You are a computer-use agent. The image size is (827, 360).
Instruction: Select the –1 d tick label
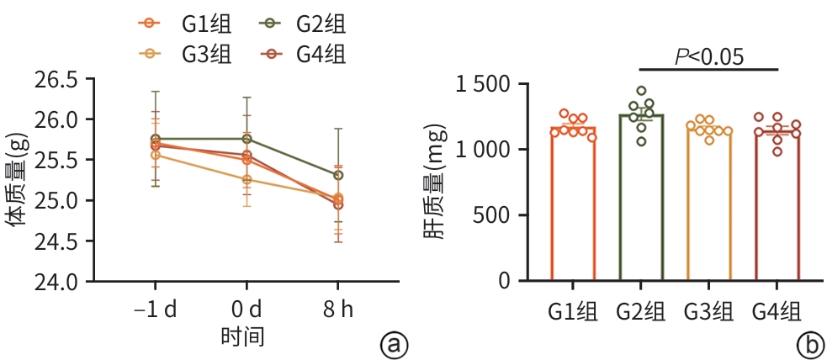156,310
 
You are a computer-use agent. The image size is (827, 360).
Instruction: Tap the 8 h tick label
338,310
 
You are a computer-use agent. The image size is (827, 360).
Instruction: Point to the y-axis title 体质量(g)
17,181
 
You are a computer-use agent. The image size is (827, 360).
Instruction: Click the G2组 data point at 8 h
338,175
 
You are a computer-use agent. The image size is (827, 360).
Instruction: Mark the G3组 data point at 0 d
247,179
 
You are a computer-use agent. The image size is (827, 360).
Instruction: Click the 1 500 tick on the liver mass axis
487,84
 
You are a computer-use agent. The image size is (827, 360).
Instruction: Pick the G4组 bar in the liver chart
777,206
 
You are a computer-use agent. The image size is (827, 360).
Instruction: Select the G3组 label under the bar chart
709,310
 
